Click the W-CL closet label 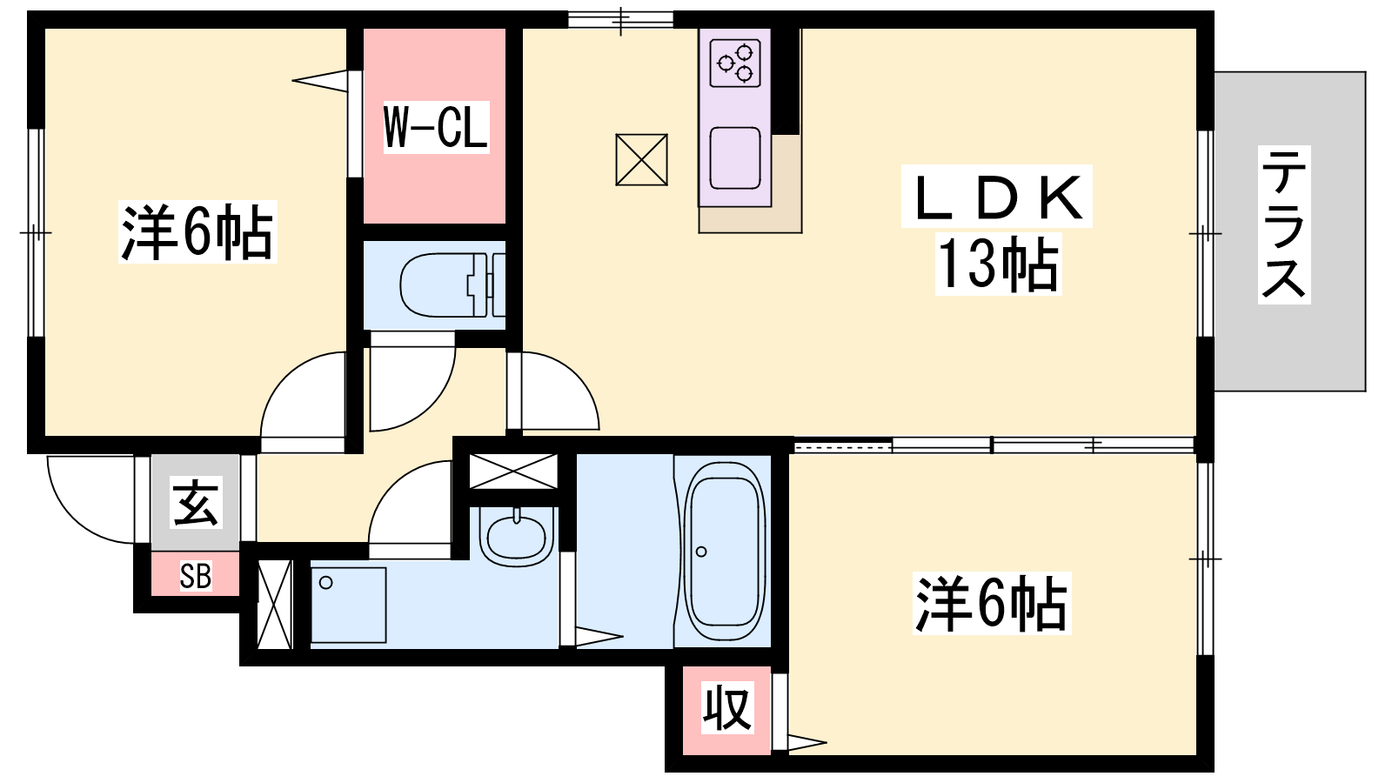coord(436,127)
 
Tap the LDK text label coord(997,197)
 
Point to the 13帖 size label coord(998,264)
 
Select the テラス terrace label coord(1284,225)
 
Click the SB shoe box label coord(195,575)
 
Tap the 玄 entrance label coord(195,504)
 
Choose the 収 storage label coord(727,708)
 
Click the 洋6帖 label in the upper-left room coord(197,231)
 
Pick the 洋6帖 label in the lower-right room coord(992,603)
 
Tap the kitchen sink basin coord(735,157)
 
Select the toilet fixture coord(452,285)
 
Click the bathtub coord(724,552)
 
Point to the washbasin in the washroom coord(516,536)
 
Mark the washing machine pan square coord(348,605)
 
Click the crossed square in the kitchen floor coord(641,160)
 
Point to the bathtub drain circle coord(701,552)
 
